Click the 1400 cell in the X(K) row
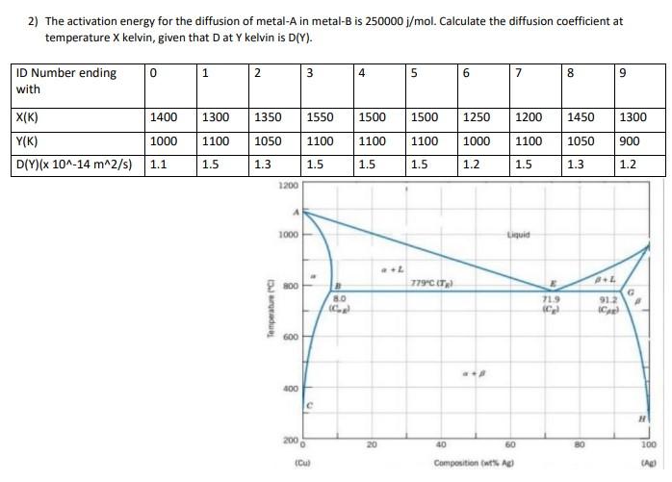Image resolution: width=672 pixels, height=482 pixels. tap(164, 117)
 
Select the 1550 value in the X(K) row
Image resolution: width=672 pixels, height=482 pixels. tap(321, 117)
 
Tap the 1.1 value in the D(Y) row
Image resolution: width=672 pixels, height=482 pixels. tap(159, 164)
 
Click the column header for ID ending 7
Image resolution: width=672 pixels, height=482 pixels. tap(520, 72)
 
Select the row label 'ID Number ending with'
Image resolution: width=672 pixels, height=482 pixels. tap(65, 81)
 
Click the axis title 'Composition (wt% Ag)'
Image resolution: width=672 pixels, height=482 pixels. tap(473, 462)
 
